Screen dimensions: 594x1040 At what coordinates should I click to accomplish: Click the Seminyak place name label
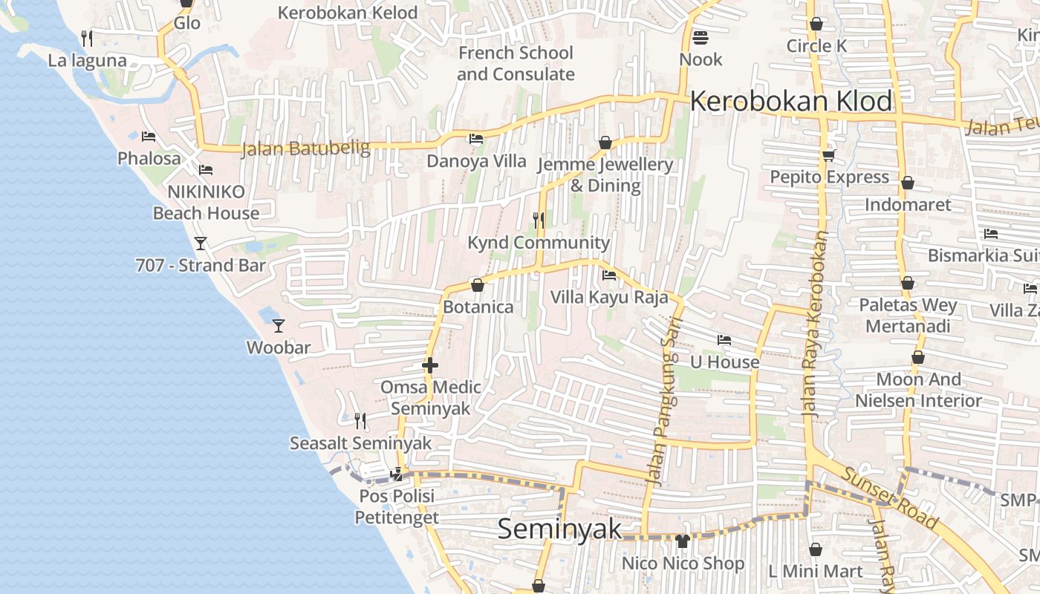point(559,529)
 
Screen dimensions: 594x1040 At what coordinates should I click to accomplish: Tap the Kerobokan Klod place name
point(791,101)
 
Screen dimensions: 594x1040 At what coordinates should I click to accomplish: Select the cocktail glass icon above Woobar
point(279,325)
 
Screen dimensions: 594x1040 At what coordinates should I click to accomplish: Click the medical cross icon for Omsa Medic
point(430,365)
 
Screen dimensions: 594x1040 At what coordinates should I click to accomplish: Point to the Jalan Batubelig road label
point(305,148)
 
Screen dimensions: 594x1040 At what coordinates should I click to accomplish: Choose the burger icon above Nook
point(700,37)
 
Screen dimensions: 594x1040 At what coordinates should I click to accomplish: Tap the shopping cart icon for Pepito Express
point(828,155)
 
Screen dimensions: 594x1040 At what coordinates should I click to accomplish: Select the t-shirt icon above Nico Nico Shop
point(683,541)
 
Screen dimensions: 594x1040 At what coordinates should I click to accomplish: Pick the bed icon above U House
point(724,340)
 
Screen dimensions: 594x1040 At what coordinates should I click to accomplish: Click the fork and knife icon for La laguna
point(87,38)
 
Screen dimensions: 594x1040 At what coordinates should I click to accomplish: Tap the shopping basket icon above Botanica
point(478,285)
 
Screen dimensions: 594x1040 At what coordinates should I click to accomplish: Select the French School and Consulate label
point(516,63)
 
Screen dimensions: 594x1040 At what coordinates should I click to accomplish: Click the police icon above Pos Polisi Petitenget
point(397,473)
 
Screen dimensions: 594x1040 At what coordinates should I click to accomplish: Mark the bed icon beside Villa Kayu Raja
point(609,275)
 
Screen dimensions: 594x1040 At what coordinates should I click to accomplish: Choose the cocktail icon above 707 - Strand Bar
point(200,243)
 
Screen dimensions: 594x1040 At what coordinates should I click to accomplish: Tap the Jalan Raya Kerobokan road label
point(816,325)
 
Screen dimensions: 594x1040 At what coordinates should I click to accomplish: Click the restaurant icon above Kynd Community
point(539,221)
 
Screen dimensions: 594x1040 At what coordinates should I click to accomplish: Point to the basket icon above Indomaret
point(907,183)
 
